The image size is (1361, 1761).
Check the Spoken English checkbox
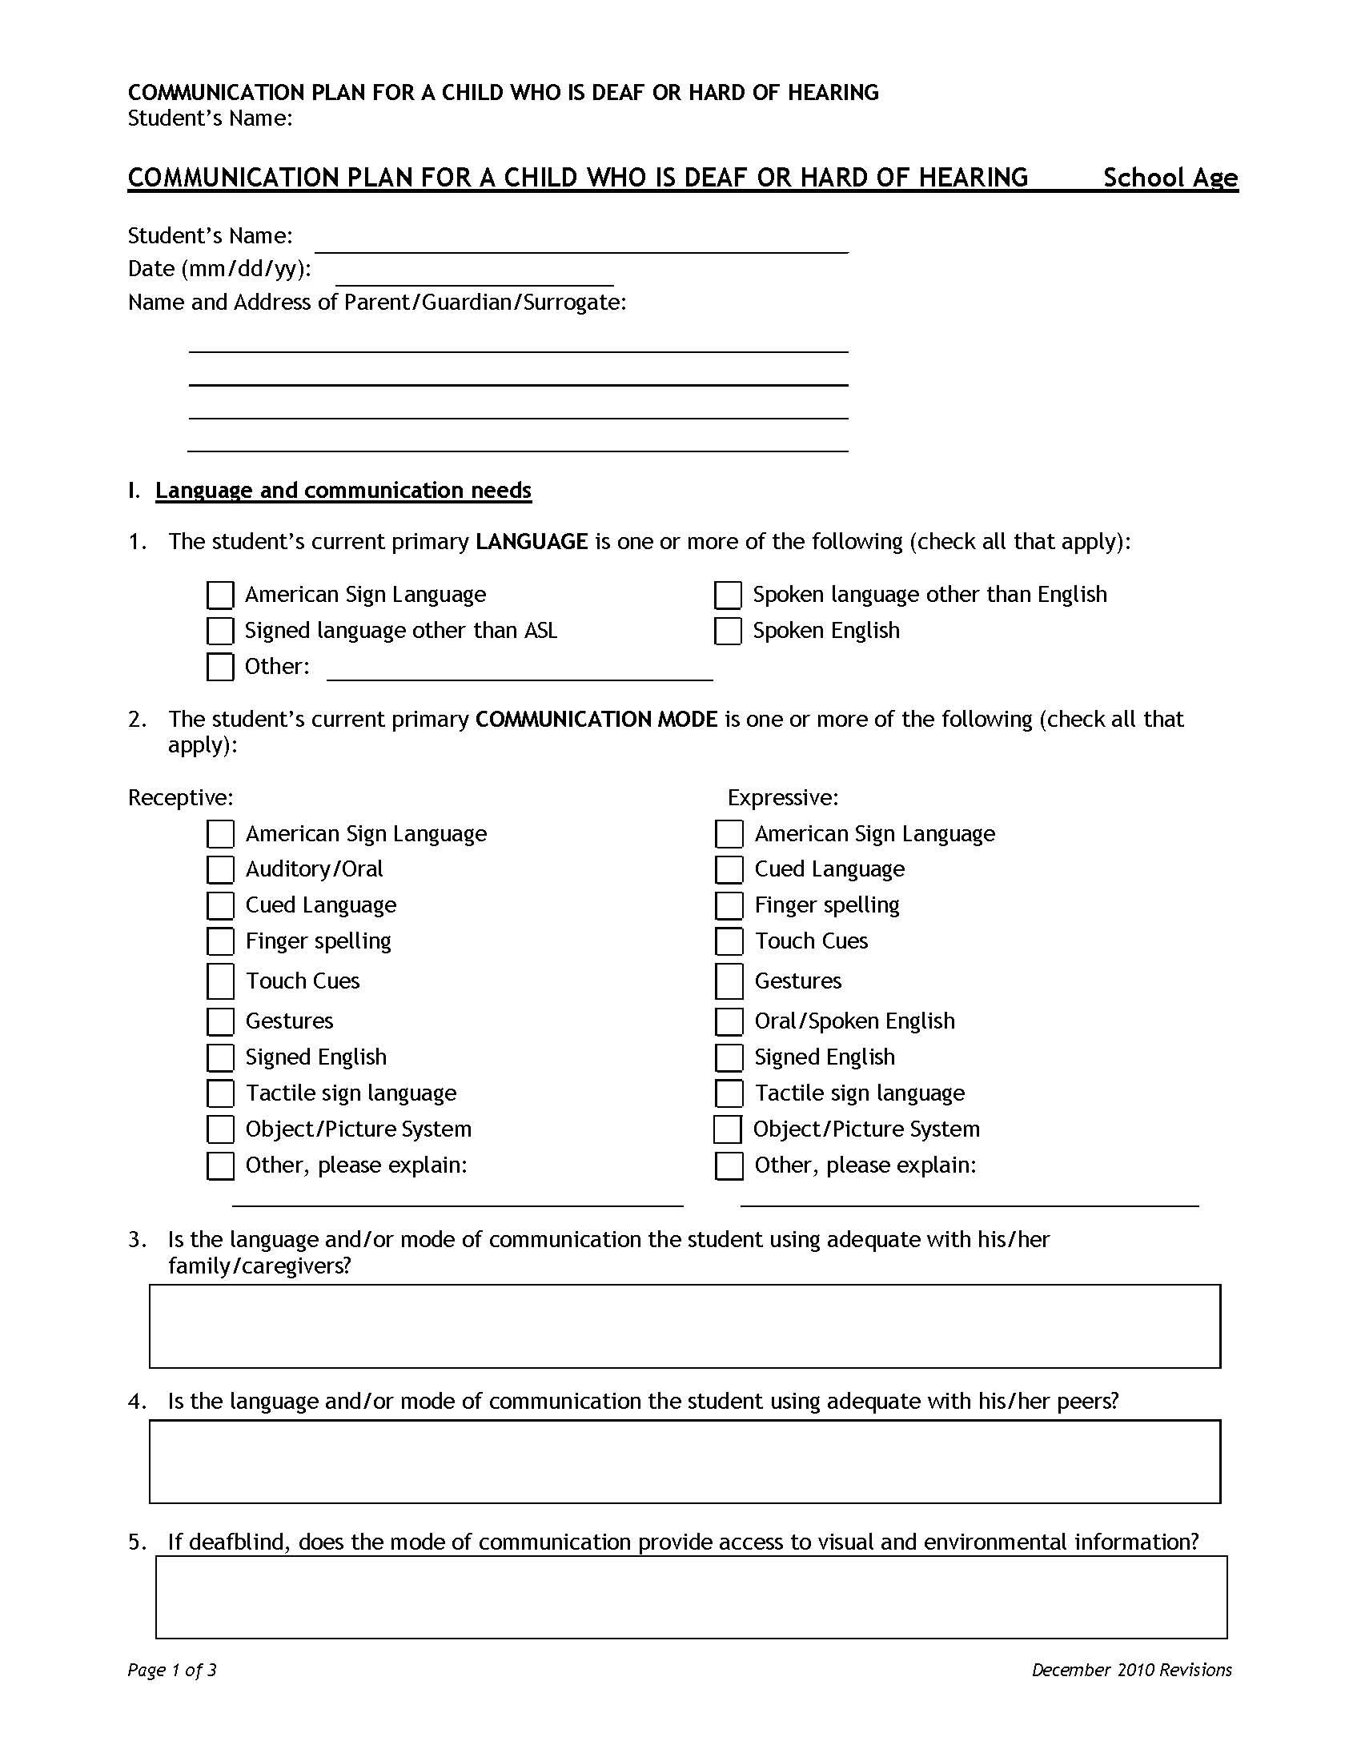coord(727,631)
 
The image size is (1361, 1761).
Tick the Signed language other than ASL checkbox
coord(220,631)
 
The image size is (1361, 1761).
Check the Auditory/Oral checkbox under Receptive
coord(220,869)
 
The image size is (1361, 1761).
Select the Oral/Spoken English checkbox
coord(729,1021)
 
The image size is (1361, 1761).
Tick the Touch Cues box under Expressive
coord(729,941)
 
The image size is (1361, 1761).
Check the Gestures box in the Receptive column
coord(220,1021)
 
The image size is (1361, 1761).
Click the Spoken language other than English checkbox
coord(727,595)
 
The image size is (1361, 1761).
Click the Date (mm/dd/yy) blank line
coord(474,276)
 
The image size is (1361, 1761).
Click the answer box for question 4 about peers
coord(685,1461)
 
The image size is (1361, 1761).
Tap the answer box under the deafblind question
coord(691,1597)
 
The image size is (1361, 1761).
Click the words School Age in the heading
coord(1169,178)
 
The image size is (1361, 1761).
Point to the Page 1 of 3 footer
coord(172,1669)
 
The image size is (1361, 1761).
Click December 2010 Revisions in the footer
coord(1131,1669)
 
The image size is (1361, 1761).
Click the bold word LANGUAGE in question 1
coord(532,541)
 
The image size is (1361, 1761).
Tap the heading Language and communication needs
coord(343,490)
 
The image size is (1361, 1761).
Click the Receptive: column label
coord(181,797)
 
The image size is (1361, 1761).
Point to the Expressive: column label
coord(783,797)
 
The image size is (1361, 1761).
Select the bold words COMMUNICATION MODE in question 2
coord(596,719)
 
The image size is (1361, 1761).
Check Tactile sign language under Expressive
coord(729,1093)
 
